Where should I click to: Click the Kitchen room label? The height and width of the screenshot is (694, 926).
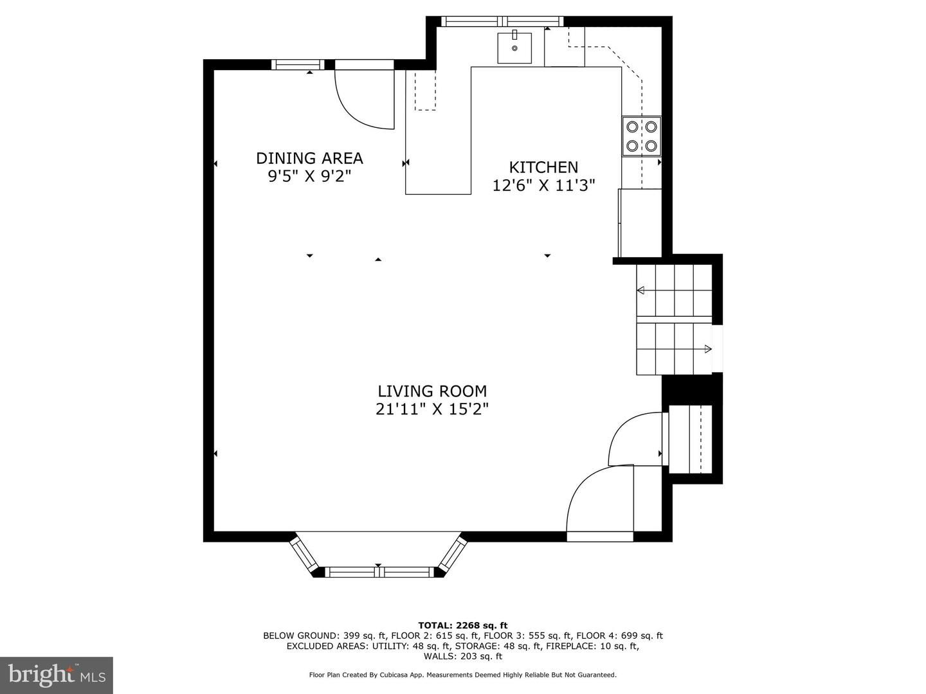click(x=543, y=167)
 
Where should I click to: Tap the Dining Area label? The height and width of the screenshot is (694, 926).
click(x=309, y=158)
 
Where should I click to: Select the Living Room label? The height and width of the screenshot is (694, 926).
click(x=432, y=391)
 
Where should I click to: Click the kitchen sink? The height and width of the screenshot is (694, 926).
click(x=514, y=48)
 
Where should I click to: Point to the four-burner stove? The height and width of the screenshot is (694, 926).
click(x=641, y=136)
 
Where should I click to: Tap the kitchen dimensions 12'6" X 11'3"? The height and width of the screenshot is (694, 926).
click(x=543, y=185)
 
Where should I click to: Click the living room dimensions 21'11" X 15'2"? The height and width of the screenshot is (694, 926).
click(x=432, y=409)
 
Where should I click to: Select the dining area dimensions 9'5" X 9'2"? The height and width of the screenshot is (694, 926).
click(x=309, y=175)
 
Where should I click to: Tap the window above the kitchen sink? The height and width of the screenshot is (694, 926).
click(x=502, y=21)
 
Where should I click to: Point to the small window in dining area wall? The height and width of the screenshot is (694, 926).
click(x=298, y=64)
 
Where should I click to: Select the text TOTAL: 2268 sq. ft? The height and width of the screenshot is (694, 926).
click(x=463, y=625)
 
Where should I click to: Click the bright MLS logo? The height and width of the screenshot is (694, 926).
click(x=57, y=675)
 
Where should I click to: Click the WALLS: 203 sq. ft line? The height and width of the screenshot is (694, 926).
click(x=463, y=656)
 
